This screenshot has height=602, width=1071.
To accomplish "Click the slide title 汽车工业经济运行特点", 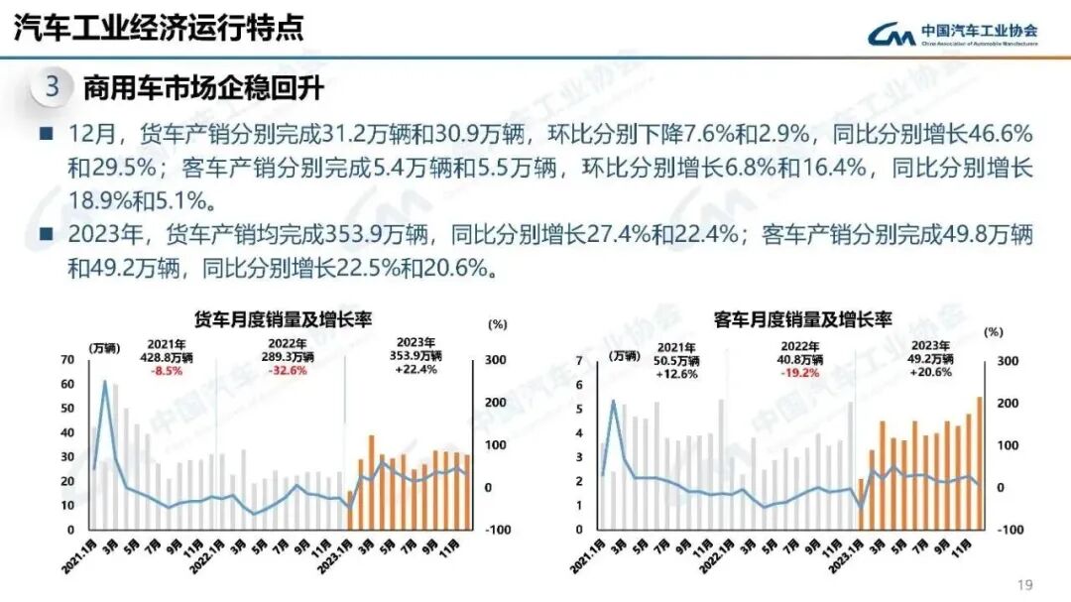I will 159,28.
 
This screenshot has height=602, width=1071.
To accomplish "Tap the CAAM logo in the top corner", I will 953,34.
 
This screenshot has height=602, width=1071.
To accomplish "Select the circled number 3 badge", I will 53,87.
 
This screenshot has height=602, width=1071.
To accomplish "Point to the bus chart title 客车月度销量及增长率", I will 803,319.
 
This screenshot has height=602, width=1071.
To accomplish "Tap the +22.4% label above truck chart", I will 415,371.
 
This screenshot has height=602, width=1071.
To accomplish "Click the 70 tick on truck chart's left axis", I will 67,360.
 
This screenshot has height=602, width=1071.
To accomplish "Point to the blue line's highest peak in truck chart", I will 105,381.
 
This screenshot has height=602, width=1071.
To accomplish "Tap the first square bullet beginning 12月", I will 46,133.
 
